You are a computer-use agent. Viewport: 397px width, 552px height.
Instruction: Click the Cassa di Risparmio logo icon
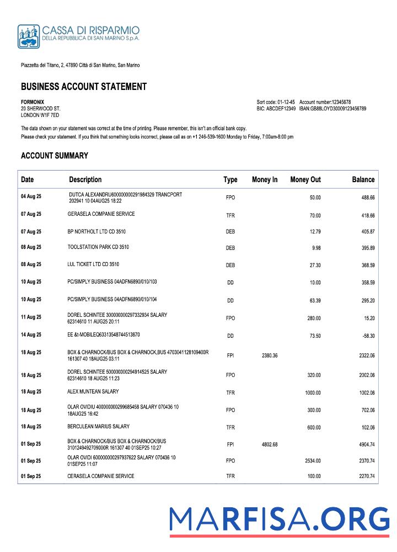tap(28, 36)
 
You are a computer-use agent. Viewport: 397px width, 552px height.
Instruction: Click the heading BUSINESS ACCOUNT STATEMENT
tap(84, 87)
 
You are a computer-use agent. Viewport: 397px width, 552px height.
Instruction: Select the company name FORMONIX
tap(33, 102)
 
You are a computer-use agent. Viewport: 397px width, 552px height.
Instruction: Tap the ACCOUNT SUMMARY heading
tap(54, 156)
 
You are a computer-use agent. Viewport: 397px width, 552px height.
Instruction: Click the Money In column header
tap(265, 179)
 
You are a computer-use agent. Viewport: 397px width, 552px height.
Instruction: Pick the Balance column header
tap(363, 179)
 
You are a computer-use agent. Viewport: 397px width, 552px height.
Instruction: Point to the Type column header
tap(230, 179)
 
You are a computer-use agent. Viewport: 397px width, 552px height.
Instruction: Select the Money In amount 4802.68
tap(267, 444)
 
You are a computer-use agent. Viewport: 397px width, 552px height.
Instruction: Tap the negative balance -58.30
tap(367, 335)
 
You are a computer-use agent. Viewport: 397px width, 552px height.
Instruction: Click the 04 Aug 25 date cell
tap(31, 197)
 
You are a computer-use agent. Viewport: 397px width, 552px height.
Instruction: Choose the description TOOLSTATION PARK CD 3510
tap(98, 247)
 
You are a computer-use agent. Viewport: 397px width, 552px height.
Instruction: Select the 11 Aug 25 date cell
tap(31, 317)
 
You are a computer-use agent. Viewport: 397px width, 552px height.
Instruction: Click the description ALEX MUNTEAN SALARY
tap(93, 391)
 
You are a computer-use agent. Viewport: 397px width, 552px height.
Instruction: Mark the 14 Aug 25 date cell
tap(31, 335)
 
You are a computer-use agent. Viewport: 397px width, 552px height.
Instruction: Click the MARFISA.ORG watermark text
tap(279, 519)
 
